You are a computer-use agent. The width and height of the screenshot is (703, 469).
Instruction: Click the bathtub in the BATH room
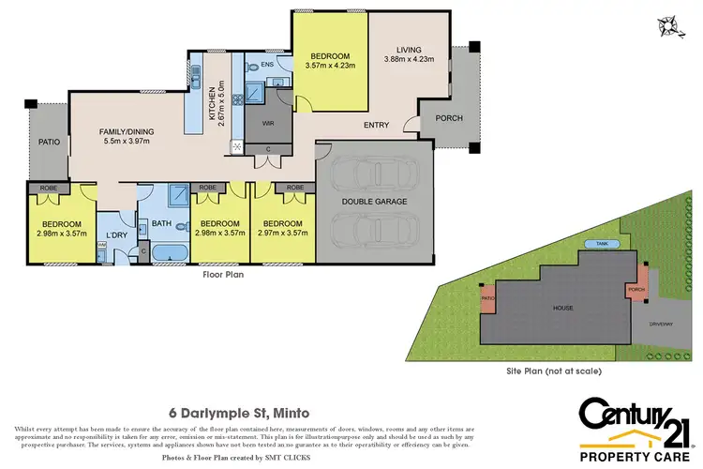tap(171, 252)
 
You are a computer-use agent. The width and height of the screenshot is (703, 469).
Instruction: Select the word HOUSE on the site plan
tap(562, 308)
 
